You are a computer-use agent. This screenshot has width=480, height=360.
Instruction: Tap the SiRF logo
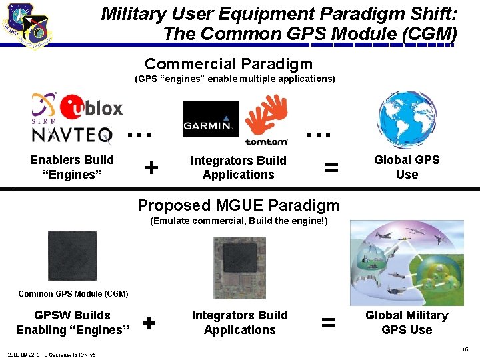(44, 109)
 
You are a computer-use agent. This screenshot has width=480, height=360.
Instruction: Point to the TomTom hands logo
(267, 119)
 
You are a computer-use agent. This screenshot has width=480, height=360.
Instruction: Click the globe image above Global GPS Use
(407, 120)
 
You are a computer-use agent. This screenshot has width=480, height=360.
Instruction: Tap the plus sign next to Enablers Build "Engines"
(151, 167)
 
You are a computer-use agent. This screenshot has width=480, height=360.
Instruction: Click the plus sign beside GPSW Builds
(149, 323)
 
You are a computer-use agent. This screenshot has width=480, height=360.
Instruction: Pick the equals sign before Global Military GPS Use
(328, 323)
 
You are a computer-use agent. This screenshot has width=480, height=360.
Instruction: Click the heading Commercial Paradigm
(229, 64)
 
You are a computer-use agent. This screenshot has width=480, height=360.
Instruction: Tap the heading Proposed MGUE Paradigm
(238, 205)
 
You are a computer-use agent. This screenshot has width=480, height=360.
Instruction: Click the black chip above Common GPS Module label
(72, 255)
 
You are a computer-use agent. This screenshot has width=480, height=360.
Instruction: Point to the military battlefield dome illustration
(407, 263)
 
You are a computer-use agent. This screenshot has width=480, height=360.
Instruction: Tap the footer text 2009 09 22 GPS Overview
(52, 354)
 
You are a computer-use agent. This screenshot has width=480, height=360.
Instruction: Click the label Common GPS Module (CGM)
(73, 293)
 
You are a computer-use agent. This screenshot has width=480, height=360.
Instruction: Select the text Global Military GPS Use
(407, 323)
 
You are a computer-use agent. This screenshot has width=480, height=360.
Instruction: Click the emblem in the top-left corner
(29, 25)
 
